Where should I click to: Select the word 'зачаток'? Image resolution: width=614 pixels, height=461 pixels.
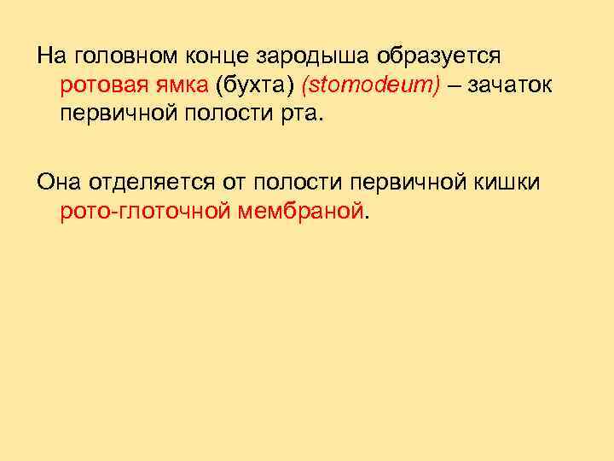coord(506,85)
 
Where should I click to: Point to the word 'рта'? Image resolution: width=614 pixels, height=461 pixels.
coord(305,114)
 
